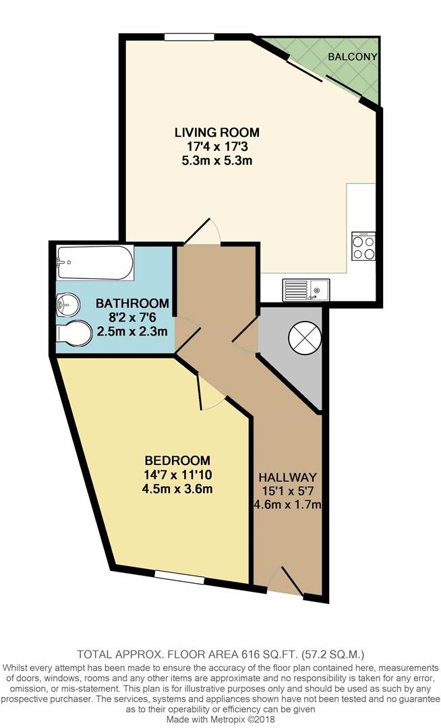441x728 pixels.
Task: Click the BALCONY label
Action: (x=353, y=57)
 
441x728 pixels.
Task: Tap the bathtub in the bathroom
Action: (x=95, y=262)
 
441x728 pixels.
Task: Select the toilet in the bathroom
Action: (x=73, y=333)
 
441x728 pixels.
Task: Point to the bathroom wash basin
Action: (x=68, y=305)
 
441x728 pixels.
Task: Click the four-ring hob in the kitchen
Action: (x=363, y=246)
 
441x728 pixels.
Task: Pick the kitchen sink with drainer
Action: (x=306, y=290)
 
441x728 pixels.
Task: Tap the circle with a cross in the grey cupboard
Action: (x=305, y=338)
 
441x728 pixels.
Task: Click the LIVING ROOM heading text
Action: (x=216, y=132)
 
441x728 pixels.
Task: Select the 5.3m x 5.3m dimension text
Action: (x=216, y=161)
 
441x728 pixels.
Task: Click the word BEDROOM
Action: (x=177, y=460)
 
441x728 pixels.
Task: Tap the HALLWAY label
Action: (x=287, y=477)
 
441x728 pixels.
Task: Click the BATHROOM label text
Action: (x=132, y=303)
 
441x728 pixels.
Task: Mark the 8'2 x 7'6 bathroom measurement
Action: (x=132, y=318)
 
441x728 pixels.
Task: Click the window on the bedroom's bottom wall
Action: (x=179, y=577)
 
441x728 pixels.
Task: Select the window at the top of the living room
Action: (x=189, y=36)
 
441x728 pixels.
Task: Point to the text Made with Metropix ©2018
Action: (x=220, y=719)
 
